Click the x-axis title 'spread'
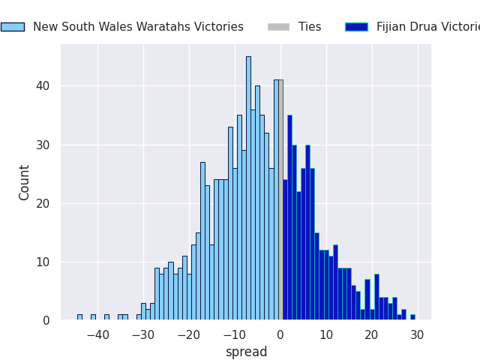pos(246,352)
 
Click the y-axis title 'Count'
pos(25,182)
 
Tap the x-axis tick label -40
pos(97,334)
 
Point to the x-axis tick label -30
pos(143,334)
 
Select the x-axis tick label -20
pos(189,334)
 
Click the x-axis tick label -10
pos(235,334)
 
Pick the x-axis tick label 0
pos(280,334)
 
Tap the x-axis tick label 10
pos(326,334)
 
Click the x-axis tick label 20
pos(372,334)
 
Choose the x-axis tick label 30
pos(418,334)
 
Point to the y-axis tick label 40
pos(44,86)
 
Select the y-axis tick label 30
pos(44,145)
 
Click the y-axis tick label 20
pos(44,203)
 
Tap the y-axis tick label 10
pos(44,262)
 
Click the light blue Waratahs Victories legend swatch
pos(12,27)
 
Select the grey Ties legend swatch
pos(278,27)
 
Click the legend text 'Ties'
pos(310,27)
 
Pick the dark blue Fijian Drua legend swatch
pos(356,27)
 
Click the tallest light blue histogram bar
pos(248,187)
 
